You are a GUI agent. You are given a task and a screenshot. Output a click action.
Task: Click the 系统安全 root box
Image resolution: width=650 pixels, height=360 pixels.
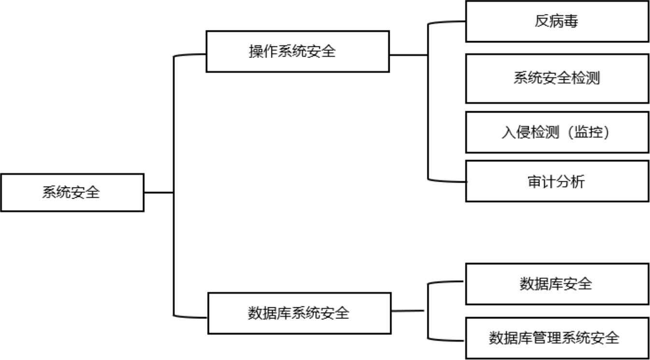pyautogui.click(x=71, y=192)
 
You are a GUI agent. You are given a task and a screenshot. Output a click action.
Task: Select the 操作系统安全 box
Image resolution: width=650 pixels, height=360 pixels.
pyautogui.click(x=297, y=52)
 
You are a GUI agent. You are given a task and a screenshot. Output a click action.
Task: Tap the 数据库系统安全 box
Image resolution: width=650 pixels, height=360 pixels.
pyautogui.click(x=299, y=313)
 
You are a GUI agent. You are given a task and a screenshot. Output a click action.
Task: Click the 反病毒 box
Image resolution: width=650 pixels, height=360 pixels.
pyautogui.click(x=556, y=22)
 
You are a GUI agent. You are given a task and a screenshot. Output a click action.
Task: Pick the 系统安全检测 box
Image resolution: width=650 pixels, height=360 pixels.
pyautogui.click(x=556, y=78)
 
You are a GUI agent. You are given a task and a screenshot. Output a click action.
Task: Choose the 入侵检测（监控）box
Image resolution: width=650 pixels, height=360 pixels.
pyautogui.click(x=556, y=132)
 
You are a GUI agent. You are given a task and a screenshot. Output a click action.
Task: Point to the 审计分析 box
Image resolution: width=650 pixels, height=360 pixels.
pyautogui.click(x=556, y=181)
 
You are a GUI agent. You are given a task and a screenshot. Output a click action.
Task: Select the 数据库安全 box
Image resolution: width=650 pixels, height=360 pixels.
pyautogui.click(x=556, y=284)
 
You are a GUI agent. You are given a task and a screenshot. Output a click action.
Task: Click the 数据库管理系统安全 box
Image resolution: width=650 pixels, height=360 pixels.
pyautogui.click(x=556, y=338)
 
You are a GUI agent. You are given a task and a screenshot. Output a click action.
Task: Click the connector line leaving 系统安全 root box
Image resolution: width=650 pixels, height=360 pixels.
pyautogui.click(x=158, y=192)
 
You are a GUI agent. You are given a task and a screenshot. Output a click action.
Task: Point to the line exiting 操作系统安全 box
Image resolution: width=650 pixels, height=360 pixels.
pyautogui.click(x=408, y=55)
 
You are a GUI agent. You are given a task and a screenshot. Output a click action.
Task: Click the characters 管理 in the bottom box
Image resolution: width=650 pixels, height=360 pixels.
pyautogui.click(x=546, y=338)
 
